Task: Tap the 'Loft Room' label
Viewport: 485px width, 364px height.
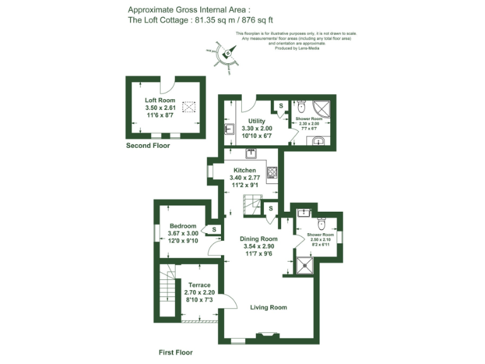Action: (x=160, y=100)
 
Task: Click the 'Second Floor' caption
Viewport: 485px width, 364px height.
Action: (x=148, y=146)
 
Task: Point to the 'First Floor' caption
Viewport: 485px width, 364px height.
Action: (x=176, y=352)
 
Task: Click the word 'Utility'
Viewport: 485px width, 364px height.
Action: (x=257, y=121)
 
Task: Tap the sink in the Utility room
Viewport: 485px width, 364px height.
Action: (x=229, y=130)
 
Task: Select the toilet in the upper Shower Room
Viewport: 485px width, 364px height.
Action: (x=301, y=106)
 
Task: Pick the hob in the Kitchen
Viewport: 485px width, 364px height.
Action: (x=272, y=172)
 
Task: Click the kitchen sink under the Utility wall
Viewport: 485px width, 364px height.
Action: (x=251, y=154)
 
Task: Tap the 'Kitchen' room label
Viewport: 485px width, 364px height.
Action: (x=245, y=171)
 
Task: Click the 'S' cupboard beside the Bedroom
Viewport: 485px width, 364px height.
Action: (x=215, y=229)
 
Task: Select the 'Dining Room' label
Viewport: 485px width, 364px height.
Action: (x=259, y=239)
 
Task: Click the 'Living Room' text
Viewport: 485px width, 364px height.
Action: (x=268, y=308)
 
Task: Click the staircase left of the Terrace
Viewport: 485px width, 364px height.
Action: (x=167, y=294)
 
